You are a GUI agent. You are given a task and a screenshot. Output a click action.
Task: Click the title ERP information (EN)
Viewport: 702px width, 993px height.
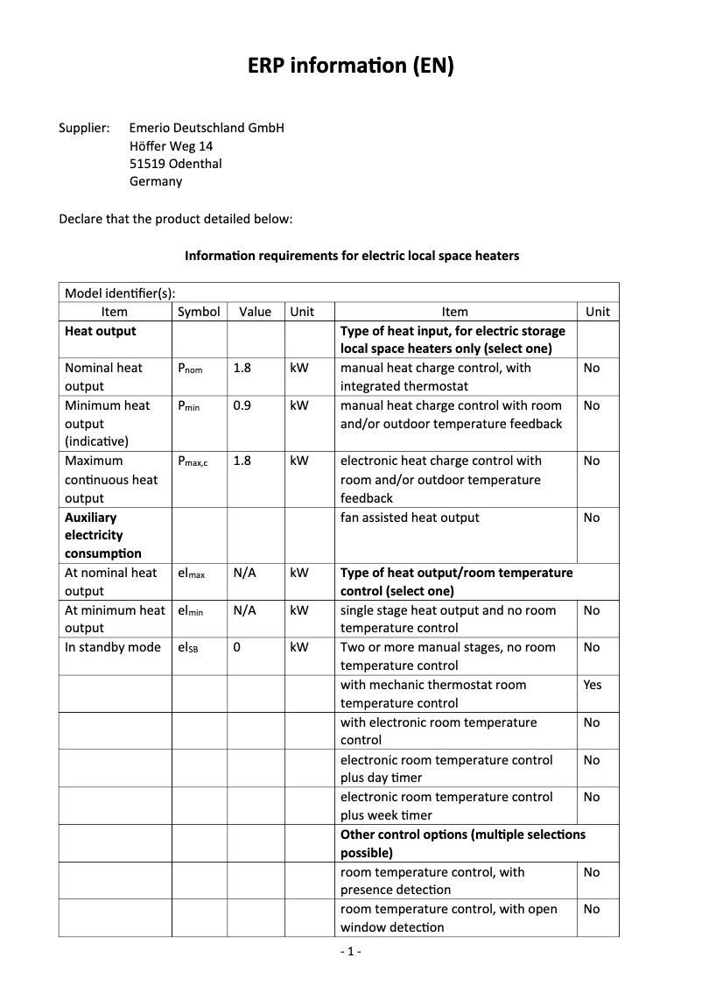[350, 67]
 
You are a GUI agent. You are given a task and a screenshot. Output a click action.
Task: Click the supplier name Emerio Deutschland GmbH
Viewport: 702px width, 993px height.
[207, 128]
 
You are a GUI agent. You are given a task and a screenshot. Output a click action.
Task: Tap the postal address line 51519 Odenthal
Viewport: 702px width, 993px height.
[175, 164]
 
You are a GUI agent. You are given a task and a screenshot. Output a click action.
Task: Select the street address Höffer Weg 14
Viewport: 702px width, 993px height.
[171, 146]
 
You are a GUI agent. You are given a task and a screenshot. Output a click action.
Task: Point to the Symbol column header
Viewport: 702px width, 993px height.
[199, 312]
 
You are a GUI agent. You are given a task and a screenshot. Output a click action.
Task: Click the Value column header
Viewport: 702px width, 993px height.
[256, 312]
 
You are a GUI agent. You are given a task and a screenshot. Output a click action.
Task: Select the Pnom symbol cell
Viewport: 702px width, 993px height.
[190, 369]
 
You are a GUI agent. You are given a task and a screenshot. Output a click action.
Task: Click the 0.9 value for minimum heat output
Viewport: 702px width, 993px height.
[242, 405]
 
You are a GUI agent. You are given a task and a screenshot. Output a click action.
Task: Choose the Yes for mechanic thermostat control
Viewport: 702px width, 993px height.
[593, 685]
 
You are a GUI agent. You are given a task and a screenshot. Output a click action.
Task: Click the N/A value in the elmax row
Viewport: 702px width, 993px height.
[245, 573]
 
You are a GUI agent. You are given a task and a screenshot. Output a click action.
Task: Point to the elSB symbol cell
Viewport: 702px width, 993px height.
[188, 648]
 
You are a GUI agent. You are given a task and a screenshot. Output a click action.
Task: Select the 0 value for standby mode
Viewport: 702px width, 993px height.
[237, 647]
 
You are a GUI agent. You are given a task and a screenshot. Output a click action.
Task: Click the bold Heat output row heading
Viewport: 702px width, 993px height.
[101, 331]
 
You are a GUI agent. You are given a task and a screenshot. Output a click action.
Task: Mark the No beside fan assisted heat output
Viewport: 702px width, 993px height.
[592, 518]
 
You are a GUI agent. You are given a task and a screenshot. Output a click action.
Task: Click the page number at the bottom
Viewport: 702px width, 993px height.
[350, 951]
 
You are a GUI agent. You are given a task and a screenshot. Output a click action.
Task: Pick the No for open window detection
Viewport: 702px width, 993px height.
[592, 909]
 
